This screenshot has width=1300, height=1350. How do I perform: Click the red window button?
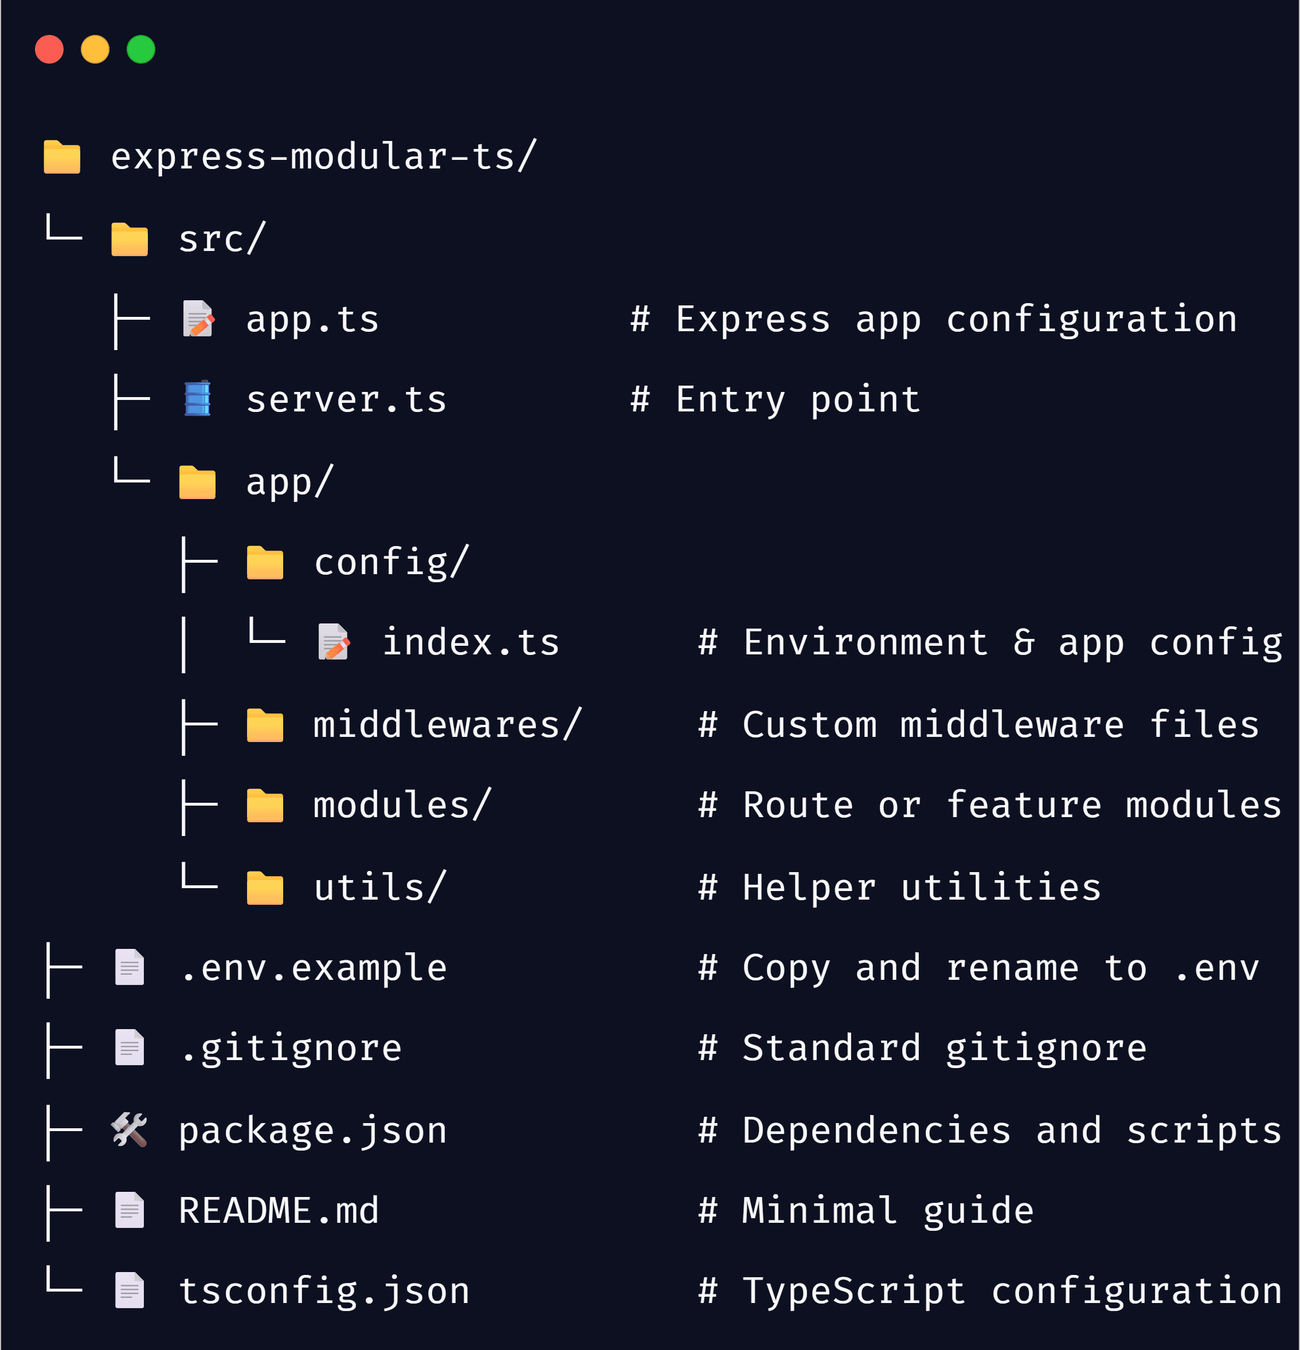point(49,50)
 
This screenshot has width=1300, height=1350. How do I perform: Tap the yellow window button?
point(95,50)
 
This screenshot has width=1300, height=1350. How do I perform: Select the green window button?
point(141,50)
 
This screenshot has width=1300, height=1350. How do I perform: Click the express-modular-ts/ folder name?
point(323,157)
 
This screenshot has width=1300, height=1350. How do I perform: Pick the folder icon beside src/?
point(130,239)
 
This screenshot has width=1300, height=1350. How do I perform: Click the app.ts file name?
point(312,320)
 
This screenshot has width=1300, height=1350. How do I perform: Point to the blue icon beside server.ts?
point(198,399)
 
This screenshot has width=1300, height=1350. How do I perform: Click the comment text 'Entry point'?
point(798,400)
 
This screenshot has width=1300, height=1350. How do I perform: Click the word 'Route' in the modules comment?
point(798,805)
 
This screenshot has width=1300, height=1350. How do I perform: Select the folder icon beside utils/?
point(265,888)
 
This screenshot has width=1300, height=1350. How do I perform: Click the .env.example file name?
point(314,968)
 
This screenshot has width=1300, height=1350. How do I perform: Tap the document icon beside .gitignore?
point(130,1047)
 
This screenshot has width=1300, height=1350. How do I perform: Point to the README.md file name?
point(279,1211)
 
